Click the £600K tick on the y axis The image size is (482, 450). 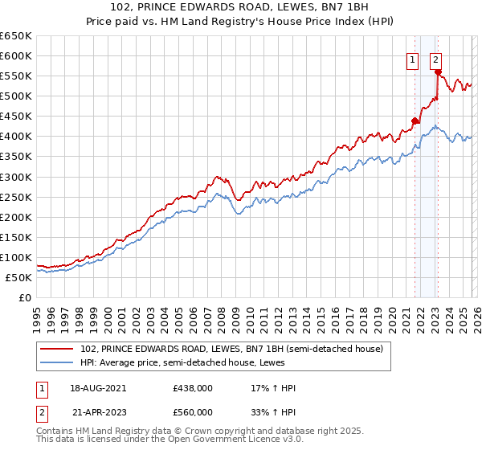point(16,56)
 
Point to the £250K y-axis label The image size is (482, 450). point(16,197)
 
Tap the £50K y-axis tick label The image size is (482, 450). point(18,277)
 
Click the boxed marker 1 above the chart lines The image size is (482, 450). point(413,59)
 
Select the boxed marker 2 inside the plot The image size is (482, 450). point(435,59)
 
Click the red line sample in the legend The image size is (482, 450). point(58,349)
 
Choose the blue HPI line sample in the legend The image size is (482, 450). point(58,362)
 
